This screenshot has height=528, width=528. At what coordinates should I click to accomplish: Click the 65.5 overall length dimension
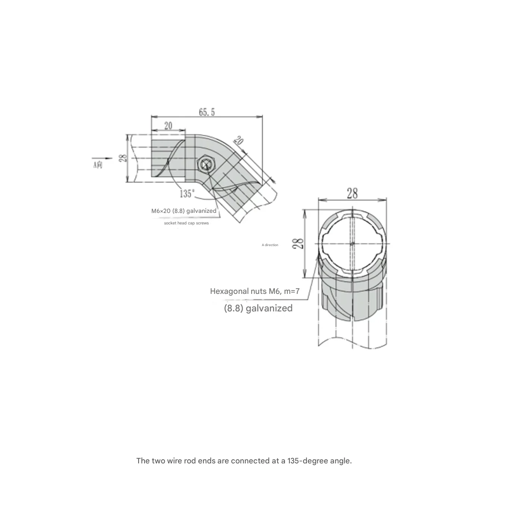206,112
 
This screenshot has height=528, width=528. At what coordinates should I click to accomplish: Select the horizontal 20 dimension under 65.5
168,125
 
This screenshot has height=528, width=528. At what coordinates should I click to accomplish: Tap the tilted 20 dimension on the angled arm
238,141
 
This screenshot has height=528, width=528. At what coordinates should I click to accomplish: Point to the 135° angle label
187,194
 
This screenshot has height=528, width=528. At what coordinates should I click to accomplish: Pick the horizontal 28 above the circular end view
352,193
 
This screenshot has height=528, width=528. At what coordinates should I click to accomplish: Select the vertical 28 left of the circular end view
299,243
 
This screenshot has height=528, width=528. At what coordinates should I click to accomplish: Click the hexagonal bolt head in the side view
205,164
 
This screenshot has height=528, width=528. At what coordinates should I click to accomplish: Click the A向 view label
97,165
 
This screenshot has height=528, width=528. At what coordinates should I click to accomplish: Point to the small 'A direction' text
270,245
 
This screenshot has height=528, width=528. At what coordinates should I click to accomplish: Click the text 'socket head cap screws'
186,223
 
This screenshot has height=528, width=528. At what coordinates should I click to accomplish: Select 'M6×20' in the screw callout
161,211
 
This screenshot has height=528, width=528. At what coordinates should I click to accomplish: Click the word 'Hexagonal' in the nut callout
227,291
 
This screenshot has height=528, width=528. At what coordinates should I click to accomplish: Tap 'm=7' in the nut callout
292,291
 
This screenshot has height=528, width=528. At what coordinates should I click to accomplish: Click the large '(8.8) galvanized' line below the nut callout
258,308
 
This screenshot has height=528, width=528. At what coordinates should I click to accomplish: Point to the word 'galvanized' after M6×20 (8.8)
201,211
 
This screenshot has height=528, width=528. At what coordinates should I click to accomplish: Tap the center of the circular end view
352,244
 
